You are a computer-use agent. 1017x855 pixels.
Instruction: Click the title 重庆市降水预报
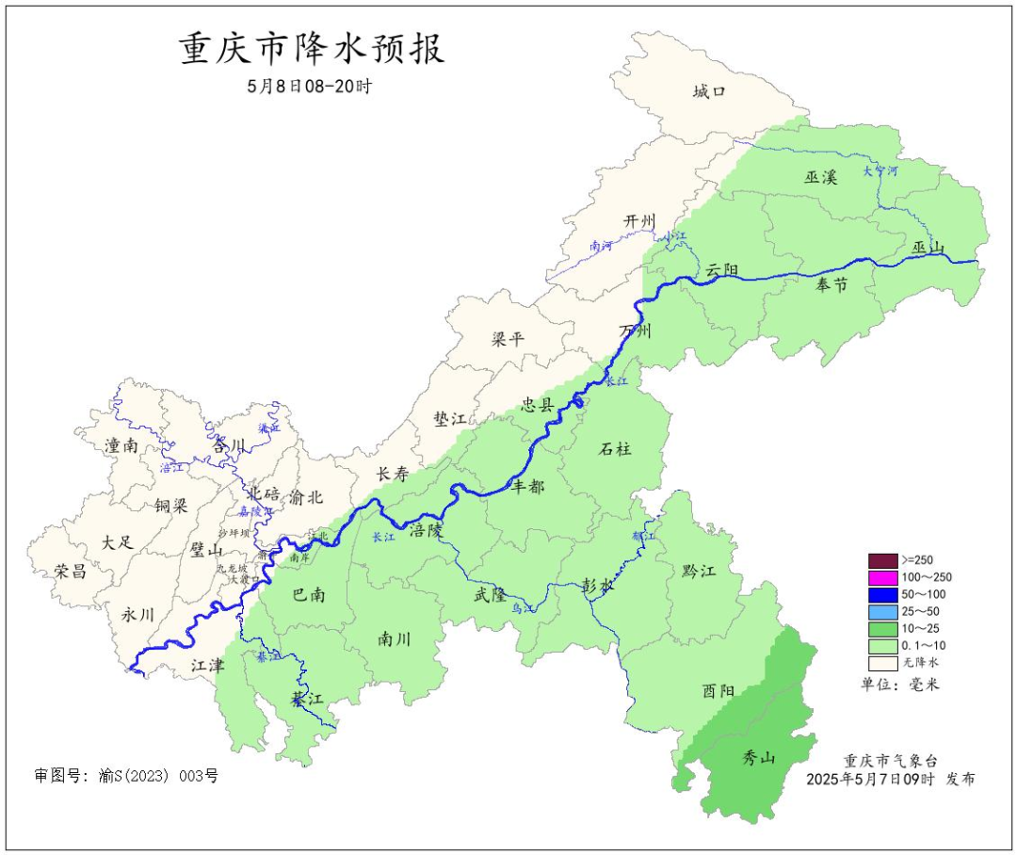312,49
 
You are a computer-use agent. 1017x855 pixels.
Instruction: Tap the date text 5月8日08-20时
310,86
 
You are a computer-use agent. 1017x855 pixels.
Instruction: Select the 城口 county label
708,91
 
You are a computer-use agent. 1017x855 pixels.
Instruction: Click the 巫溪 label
820,177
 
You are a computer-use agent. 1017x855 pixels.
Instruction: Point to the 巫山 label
928,248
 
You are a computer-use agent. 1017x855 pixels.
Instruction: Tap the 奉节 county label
831,286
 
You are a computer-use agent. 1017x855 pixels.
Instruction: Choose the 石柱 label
615,449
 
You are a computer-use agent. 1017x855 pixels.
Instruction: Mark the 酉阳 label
718,690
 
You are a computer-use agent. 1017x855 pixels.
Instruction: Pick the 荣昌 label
71,572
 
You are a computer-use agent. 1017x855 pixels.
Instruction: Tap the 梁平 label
508,340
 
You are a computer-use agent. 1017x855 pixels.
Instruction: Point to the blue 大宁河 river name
880,172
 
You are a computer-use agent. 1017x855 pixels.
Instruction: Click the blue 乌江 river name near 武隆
523,610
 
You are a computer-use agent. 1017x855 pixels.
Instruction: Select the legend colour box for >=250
882,559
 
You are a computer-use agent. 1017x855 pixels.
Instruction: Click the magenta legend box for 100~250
882,576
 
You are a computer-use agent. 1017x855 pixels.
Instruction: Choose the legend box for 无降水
882,663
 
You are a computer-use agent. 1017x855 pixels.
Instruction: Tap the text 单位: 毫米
900,684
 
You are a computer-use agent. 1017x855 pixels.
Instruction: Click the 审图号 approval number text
126,776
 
